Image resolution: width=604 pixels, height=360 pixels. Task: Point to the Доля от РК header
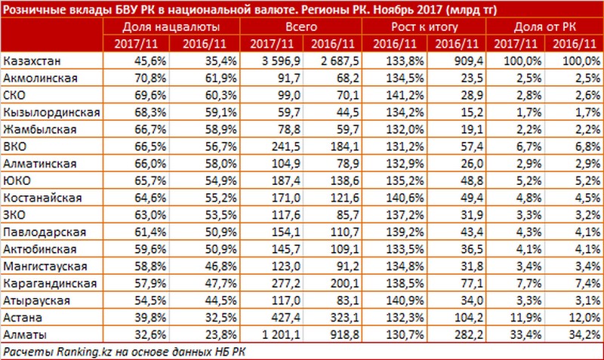(x=544, y=26)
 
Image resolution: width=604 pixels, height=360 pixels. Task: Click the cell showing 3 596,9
(x=268, y=58)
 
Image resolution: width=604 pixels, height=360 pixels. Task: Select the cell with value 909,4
(x=454, y=58)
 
